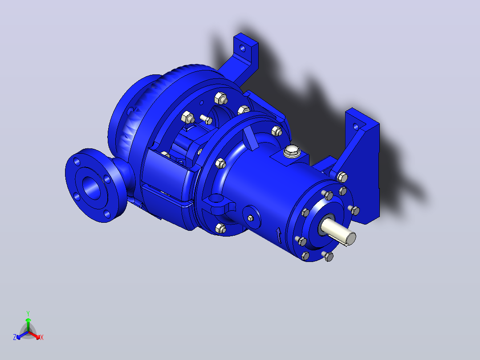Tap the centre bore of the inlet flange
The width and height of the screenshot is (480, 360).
[x=91, y=188]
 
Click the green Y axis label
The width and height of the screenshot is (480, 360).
[x=28, y=313]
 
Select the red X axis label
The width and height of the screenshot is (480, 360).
[x=42, y=337]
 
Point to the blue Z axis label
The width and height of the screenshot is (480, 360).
[x=14, y=337]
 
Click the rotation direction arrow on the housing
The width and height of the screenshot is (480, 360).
[x=279, y=235]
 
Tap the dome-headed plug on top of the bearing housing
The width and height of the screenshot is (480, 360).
[x=291, y=151]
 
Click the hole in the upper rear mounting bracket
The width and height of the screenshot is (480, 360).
[x=242, y=48]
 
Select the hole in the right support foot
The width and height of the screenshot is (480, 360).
[x=355, y=126]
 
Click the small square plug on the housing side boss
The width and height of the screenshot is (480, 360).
[x=250, y=218]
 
